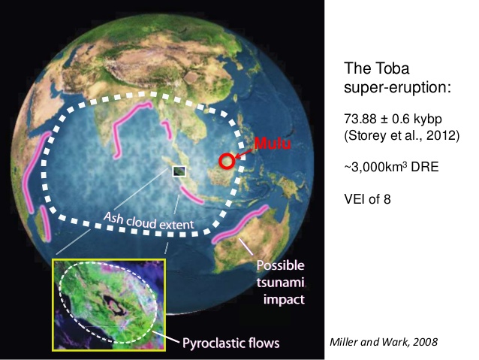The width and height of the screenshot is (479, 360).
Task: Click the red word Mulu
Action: click(x=273, y=143)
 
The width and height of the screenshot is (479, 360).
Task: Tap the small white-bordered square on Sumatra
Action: click(x=179, y=171)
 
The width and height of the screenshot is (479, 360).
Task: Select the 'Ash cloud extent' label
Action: click(x=149, y=221)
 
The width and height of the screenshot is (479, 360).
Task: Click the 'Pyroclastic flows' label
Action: click(x=231, y=343)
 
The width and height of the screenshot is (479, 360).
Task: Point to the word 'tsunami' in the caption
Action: click(x=281, y=282)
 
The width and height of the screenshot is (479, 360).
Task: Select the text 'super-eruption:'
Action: click(x=397, y=87)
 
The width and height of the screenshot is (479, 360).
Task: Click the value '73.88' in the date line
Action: click(x=360, y=119)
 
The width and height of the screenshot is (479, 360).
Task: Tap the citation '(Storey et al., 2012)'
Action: click(x=402, y=135)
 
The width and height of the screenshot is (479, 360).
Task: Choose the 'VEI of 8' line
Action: click(x=367, y=199)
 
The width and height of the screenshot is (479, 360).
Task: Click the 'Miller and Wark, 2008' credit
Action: click(x=384, y=342)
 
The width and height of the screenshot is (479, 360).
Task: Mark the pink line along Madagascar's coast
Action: click(x=45, y=222)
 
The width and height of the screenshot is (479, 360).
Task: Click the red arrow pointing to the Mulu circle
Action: click(x=243, y=155)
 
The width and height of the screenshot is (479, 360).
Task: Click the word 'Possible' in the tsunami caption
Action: click(x=281, y=265)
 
